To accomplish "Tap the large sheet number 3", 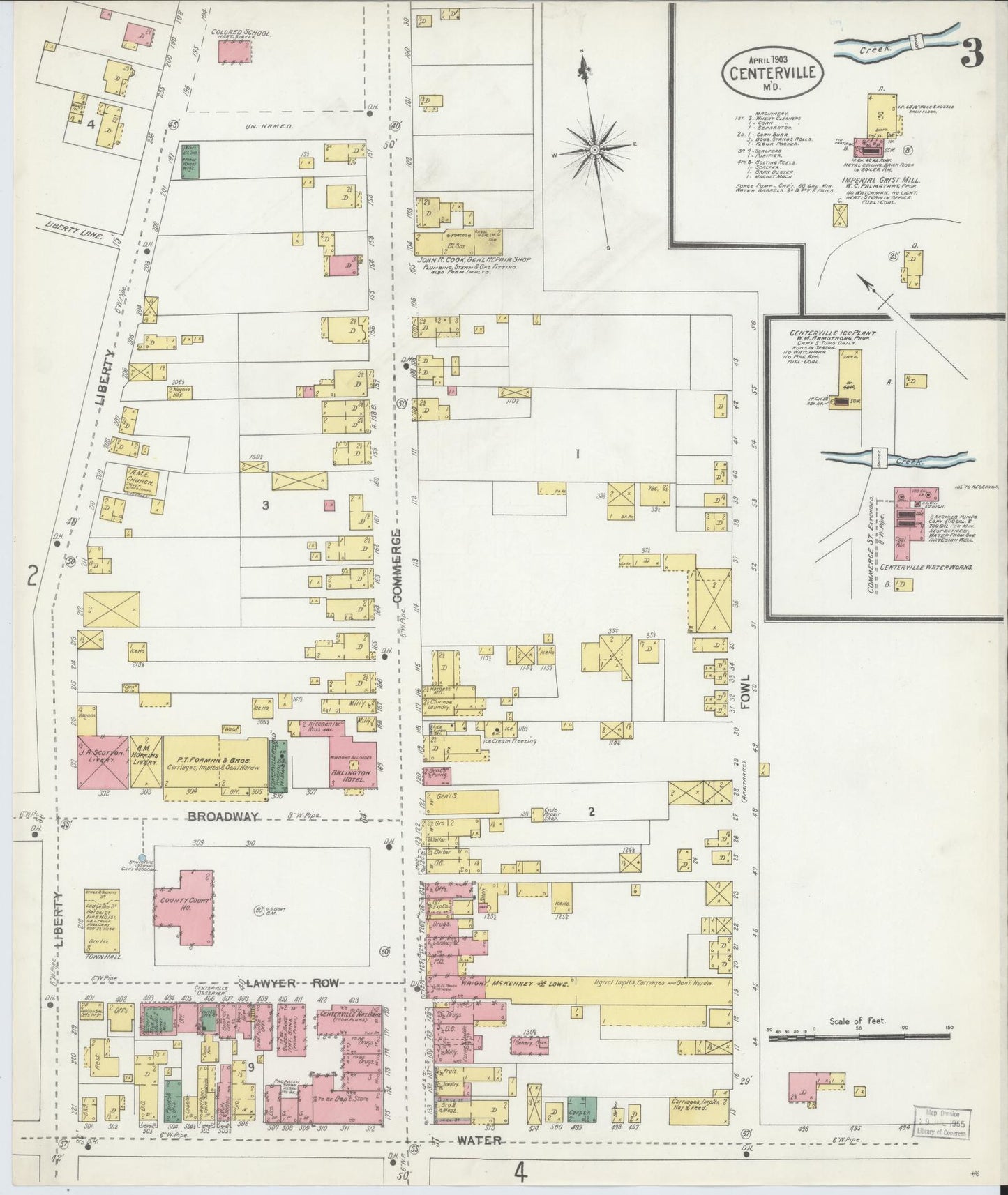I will click(x=971, y=52).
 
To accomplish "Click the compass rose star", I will click(x=594, y=149).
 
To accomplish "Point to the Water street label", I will click(x=481, y=1141).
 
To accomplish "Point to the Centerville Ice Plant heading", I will click(x=833, y=333).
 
